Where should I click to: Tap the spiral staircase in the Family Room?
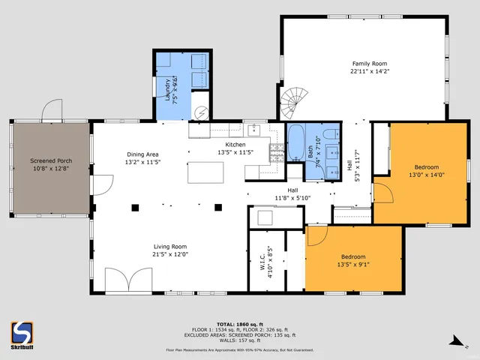point(294,102)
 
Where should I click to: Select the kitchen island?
point(205,171)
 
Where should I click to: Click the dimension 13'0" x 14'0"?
point(426,175)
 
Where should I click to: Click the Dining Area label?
point(142,154)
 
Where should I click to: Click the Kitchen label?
point(235,144)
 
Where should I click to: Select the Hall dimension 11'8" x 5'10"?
point(283,198)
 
